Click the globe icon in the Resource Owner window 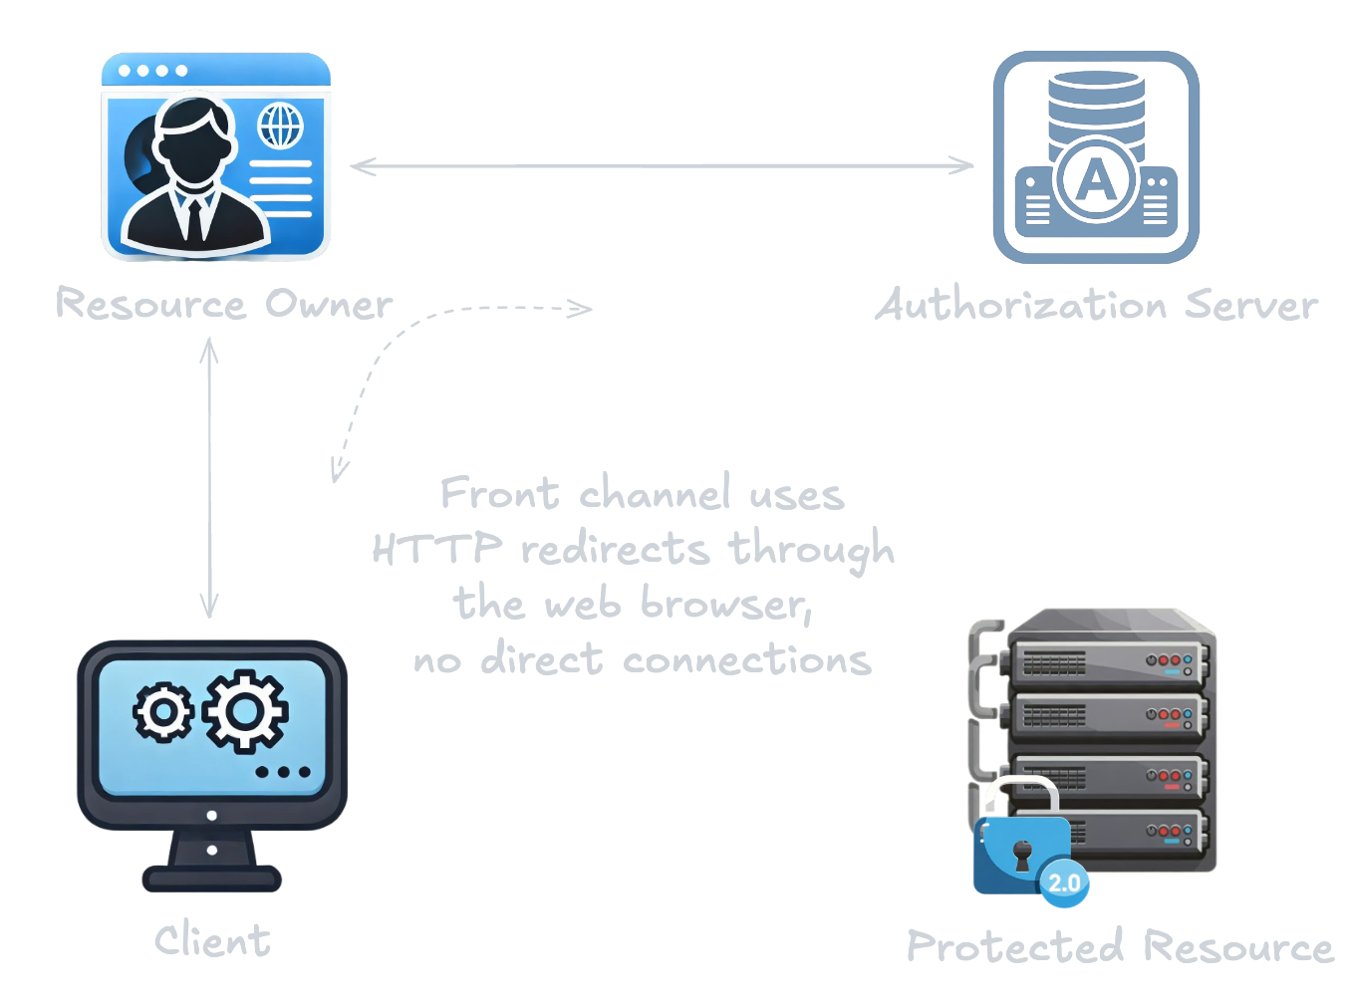tap(280, 126)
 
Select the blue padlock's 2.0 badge tap(1064, 882)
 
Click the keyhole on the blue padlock tap(1021, 853)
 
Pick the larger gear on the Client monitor tap(246, 710)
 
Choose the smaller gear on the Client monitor tap(162, 712)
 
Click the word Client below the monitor tap(212, 941)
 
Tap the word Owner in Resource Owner tap(329, 305)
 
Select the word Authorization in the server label tap(1021, 305)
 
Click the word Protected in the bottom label tap(1015, 946)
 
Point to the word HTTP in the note tap(436, 549)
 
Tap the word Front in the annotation tap(499, 493)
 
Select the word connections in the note tap(746, 660)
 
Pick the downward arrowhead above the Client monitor tap(209, 608)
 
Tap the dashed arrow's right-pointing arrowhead tap(582, 308)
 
